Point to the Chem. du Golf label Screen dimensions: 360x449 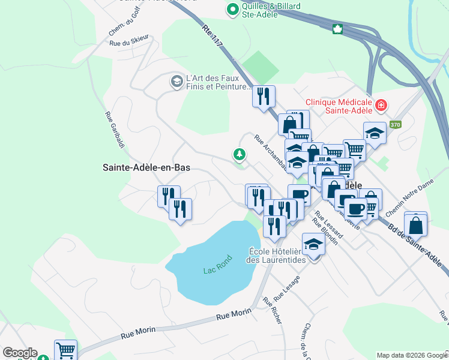[x=120, y=25]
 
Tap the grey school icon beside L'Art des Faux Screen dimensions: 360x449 [x=176, y=81]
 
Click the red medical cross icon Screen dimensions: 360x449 [x=380, y=106]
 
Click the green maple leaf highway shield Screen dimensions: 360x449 [x=337, y=28]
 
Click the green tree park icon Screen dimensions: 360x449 [x=240, y=155]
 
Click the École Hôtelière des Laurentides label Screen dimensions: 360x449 [x=277, y=255]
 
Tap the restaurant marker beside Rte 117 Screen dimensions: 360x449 [x=264, y=97]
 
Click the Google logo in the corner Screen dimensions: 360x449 [x=20, y=353]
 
